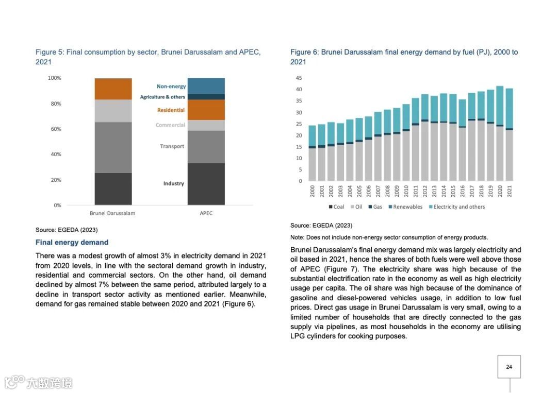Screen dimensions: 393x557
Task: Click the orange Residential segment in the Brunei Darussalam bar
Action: click(x=113, y=89)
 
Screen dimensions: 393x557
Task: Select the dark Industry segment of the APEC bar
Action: click(x=206, y=184)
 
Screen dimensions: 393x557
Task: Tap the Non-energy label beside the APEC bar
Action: click(x=171, y=87)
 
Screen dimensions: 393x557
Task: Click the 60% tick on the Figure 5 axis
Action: click(x=55, y=129)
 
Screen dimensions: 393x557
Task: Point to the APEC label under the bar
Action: click(x=206, y=213)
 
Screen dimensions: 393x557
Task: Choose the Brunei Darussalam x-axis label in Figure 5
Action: click(x=112, y=213)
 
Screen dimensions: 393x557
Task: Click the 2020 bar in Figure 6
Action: click(x=500, y=134)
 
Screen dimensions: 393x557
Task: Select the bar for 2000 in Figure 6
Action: click(x=312, y=153)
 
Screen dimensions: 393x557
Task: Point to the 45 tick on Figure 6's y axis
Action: click(x=299, y=78)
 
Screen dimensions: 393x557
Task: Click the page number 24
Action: click(x=509, y=367)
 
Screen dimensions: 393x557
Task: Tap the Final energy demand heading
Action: click(x=72, y=243)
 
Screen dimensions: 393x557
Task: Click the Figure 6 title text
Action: click(x=404, y=57)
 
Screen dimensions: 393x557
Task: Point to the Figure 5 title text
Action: click(x=148, y=57)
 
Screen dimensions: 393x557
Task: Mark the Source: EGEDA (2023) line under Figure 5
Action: click(x=66, y=230)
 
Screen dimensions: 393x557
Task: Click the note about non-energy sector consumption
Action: click(x=389, y=237)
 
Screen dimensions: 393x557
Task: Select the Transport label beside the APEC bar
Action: click(x=172, y=146)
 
